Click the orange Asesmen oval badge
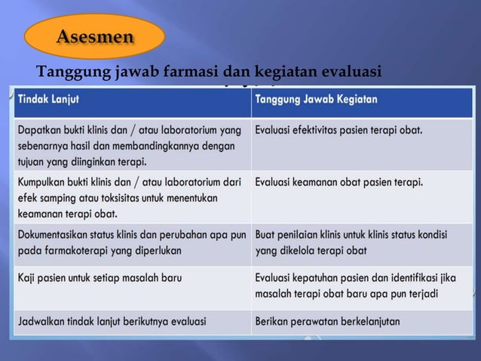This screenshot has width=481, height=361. pyautogui.click(x=94, y=35)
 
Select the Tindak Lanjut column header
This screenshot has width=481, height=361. pyautogui.click(x=49, y=99)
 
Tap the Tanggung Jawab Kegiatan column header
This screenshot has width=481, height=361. pyautogui.click(x=317, y=99)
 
